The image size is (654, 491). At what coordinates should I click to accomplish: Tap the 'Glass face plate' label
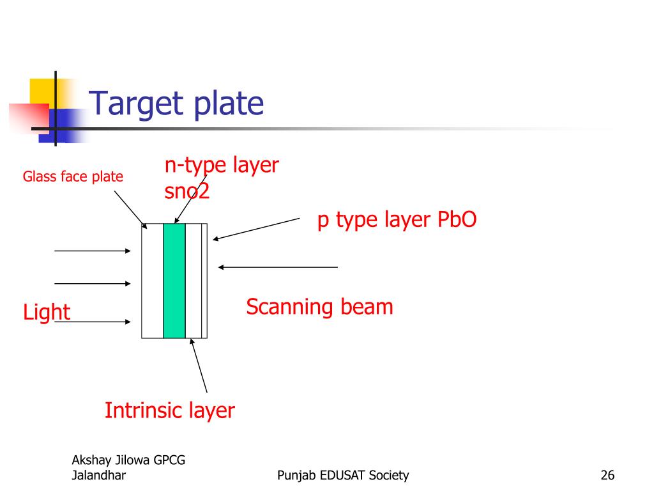[x=73, y=176]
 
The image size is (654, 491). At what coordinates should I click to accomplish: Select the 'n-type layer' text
[x=222, y=165]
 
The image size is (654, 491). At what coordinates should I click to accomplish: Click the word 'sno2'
[x=186, y=192]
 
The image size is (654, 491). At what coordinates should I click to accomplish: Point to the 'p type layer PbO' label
[x=397, y=219]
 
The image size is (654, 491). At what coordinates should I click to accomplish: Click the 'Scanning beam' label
[x=319, y=307]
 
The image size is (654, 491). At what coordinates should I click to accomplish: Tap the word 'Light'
[x=46, y=313]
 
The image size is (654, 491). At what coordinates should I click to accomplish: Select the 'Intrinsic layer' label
[x=169, y=410]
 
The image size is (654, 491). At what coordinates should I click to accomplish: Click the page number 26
[x=607, y=475]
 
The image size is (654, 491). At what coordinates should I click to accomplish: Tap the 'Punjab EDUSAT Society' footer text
[x=344, y=475]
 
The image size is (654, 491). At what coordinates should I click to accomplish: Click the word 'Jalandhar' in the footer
[x=99, y=475]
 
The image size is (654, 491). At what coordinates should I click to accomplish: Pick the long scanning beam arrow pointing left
[x=277, y=267]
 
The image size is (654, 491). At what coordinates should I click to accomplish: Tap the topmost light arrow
[x=92, y=251]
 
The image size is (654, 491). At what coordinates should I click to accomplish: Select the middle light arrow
[x=92, y=283]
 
